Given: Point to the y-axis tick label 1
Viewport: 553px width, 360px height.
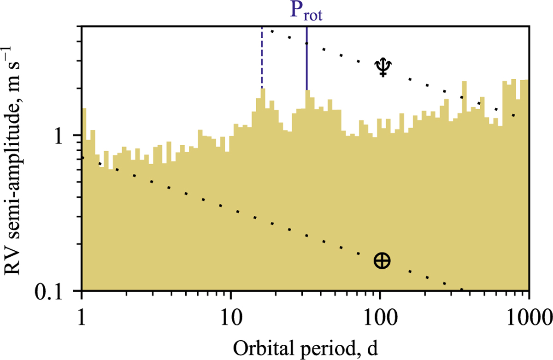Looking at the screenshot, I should point(72,136).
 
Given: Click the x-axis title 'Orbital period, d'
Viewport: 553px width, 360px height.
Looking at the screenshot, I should point(306,344).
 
